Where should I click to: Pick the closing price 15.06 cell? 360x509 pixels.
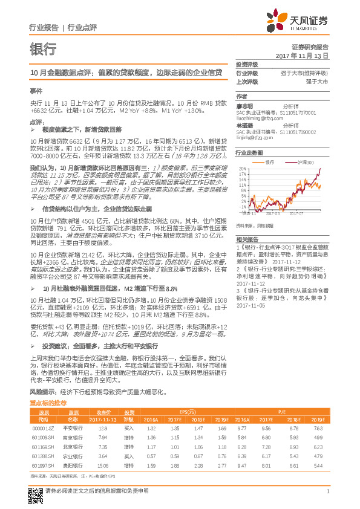pos(102,466)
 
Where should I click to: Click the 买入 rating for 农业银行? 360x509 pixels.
pos(128,456)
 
